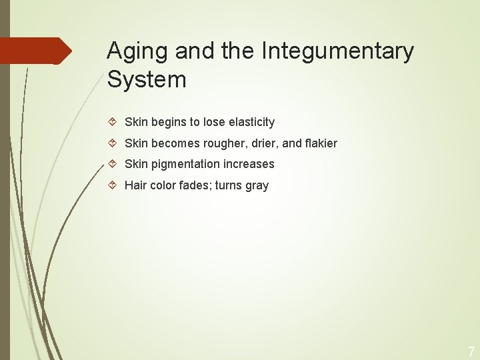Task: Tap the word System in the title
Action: [147, 79]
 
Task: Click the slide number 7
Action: [471, 351]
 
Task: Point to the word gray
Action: [257, 185]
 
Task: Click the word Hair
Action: [136, 185]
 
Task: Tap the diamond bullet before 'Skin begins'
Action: [113, 122]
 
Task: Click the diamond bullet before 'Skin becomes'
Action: [113, 143]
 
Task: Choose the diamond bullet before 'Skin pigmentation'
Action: [113, 164]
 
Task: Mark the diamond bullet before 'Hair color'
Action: [113, 185]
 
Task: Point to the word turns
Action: [229, 185]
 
